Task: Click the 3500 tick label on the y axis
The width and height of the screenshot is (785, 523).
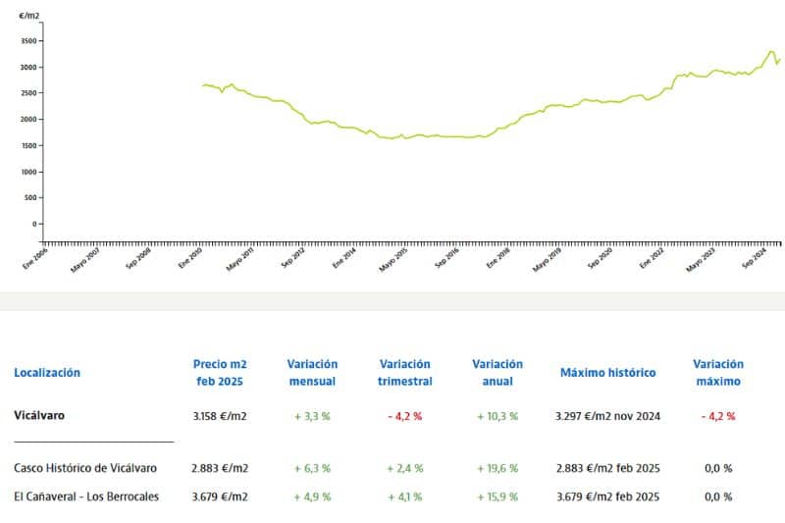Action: pos(28,41)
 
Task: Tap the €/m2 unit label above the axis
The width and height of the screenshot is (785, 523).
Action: pos(29,16)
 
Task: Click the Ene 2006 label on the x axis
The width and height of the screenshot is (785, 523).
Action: pos(35,258)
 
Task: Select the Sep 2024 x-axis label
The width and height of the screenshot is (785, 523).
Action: pos(755,257)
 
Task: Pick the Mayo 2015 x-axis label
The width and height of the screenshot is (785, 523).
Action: pos(393,260)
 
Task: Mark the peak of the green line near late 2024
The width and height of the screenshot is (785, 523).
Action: pos(771,51)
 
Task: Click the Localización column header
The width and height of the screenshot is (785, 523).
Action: pos(47,372)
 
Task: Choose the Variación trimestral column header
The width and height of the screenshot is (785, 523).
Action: pos(405,372)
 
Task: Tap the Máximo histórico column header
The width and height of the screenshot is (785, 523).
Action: pos(607,372)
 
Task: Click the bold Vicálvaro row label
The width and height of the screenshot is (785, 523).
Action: pos(39,415)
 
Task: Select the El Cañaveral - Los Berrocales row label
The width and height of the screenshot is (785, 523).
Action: pos(86,497)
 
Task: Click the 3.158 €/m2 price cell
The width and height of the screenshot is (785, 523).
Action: pos(220,416)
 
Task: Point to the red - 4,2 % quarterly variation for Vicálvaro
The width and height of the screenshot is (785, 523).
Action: pos(405,416)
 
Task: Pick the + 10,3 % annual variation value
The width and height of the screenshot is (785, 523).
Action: pos(497,416)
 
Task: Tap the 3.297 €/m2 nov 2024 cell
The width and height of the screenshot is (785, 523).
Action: pos(607,416)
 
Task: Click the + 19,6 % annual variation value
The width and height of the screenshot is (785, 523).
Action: pos(497,468)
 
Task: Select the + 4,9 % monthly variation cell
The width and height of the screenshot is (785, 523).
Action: pos(312,497)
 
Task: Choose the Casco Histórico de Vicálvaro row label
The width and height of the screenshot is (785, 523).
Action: pos(85,468)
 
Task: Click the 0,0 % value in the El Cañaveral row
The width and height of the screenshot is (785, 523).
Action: pos(718,497)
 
